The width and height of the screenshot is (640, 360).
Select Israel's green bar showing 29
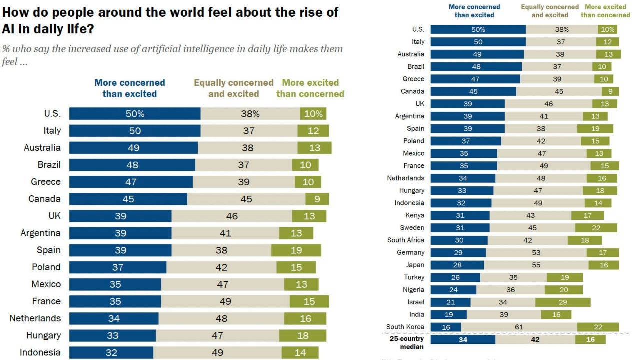[563, 302]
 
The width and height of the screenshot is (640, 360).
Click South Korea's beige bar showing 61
[519, 327]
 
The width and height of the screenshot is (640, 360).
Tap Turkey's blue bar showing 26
[455, 277]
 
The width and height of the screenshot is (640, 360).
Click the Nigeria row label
[413, 290]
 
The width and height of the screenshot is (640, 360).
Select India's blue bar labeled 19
[448, 315]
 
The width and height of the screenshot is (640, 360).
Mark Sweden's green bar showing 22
[597, 228]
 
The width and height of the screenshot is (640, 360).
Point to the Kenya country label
[415, 216]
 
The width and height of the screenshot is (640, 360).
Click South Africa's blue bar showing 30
[459, 240]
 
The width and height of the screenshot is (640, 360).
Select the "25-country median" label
[407, 343]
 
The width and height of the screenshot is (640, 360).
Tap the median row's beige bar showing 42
[535, 339]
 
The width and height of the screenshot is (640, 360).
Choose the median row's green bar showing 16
[590, 339]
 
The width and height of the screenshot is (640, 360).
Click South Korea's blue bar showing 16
[445, 327]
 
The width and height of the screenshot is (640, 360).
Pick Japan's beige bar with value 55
[536, 265]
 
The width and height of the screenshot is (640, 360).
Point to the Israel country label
[416, 302]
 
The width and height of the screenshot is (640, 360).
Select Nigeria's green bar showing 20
[564, 290]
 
